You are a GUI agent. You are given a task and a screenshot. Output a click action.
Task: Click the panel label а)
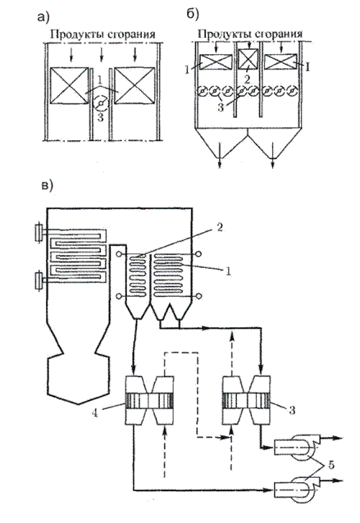[x=43, y=17]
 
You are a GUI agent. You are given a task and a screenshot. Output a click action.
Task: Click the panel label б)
[x=193, y=14]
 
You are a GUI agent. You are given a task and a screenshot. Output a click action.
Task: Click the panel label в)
[x=47, y=186]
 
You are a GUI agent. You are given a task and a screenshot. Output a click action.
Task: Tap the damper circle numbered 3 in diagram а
[x=100, y=105]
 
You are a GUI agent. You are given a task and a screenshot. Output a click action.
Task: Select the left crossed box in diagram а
[x=70, y=86]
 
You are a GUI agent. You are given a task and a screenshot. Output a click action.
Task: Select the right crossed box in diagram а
[x=134, y=86]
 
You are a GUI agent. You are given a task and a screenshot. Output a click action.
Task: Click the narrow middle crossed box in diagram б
[x=248, y=59]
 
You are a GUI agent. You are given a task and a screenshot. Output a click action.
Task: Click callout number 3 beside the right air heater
[x=292, y=410]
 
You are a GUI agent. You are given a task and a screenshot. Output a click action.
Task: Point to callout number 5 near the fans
[x=330, y=465]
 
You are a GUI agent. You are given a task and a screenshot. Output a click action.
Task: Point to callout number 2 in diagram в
[x=220, y=228]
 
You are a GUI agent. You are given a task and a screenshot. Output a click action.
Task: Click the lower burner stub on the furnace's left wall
[x=39, y=281]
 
